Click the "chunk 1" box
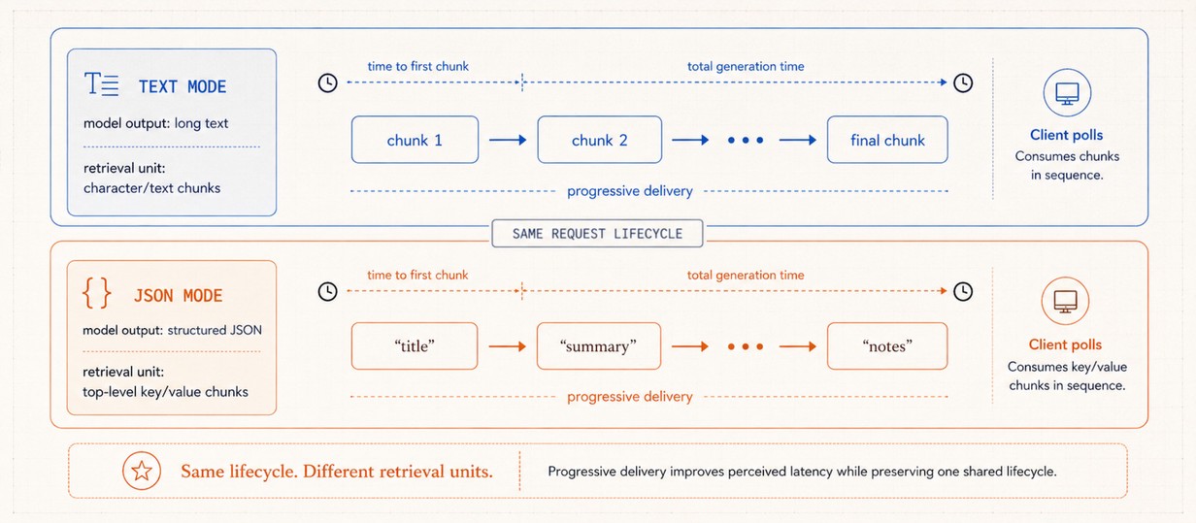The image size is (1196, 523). [415, 140]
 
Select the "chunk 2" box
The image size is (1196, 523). [600, 140]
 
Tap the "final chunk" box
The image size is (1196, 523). [887, 140]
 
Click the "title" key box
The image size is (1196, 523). [415, 345]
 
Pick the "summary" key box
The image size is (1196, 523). [599, 345]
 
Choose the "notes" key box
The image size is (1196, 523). [887, 345]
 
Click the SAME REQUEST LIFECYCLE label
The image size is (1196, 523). [597, 234]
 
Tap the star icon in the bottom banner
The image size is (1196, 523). [142, 472]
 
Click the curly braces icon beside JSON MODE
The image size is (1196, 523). [97, 293]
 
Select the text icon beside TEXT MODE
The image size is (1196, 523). [101, 84]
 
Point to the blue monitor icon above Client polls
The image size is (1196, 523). [1067, 93]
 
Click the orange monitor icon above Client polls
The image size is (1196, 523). [1065, 301]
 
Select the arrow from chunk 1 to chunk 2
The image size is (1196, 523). [508, 140]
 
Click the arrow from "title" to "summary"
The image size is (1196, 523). [507, 346]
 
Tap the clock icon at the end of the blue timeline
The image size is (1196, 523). [963, 82]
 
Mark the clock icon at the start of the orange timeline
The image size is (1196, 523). [328, 291]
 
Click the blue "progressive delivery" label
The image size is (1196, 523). [629, 191]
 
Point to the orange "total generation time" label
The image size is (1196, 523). [746, 275]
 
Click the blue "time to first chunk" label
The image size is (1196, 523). [418, 66]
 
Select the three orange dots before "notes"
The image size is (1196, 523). [746, 346]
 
